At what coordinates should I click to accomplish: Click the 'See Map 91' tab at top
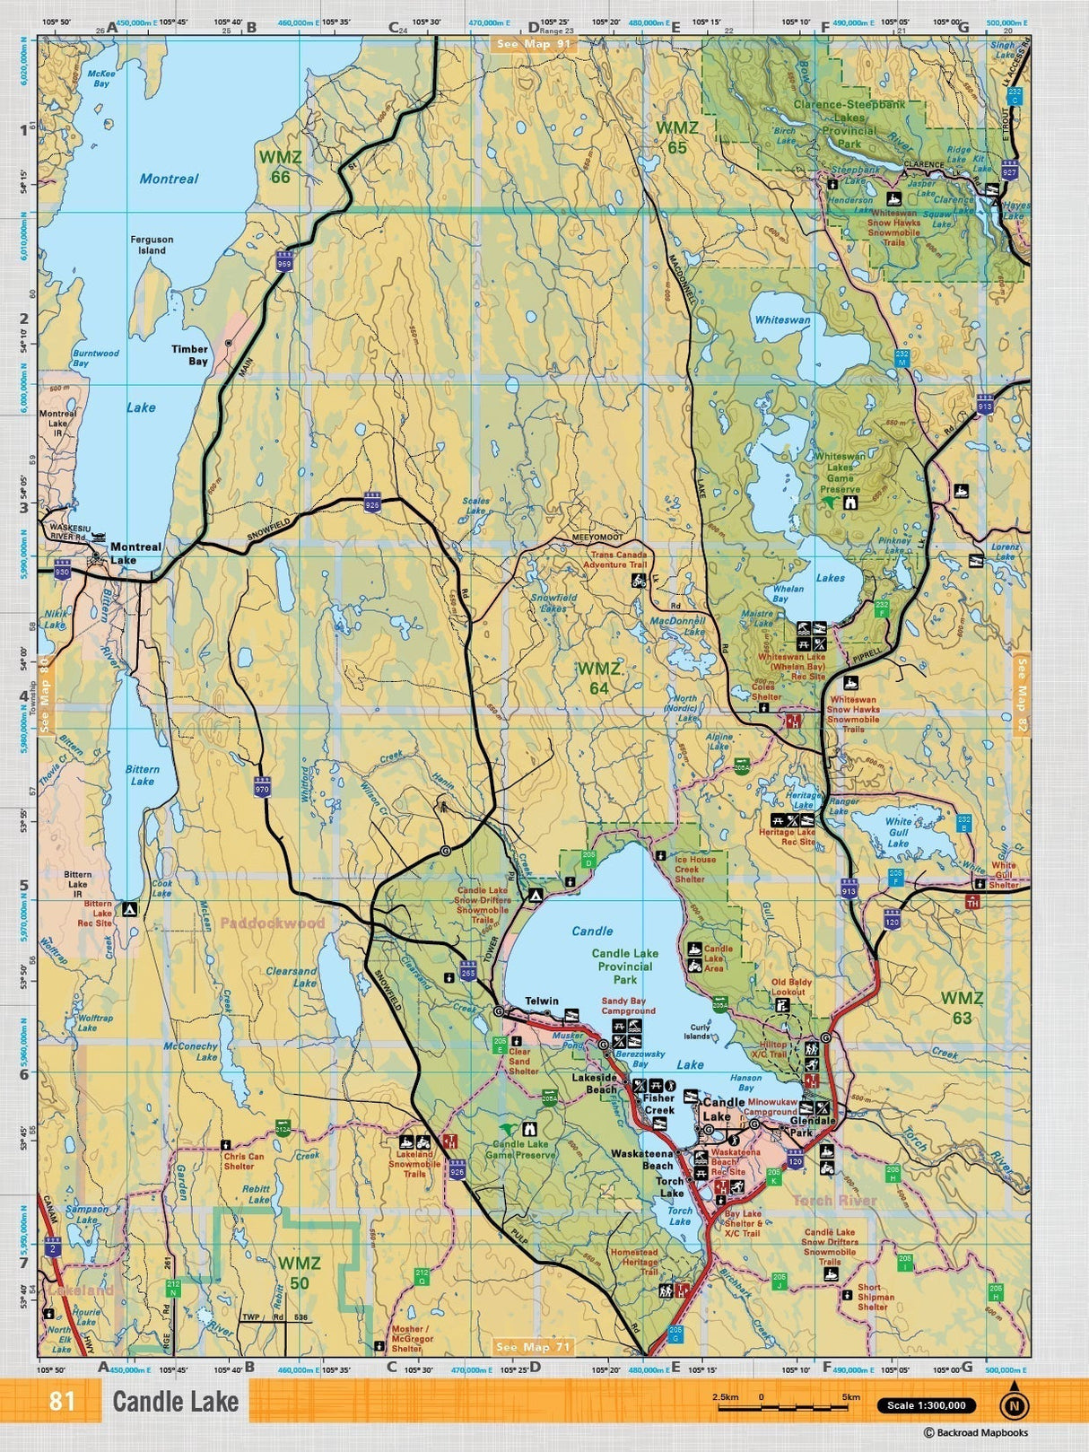[x=533, y=43]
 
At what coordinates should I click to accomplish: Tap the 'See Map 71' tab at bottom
[x=533, y=1346]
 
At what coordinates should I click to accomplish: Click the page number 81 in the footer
[x=62, y=1401]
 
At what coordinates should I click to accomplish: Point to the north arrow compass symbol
[x=1014, y=1404]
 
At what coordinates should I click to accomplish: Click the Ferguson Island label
[x=152, y=245]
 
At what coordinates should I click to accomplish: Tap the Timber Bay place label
[x=190, y=354]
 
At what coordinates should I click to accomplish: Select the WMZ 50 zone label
[x=299, y=1273]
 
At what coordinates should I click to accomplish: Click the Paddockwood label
[x=272, y=923]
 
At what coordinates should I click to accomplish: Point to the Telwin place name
[x=541, y=1001]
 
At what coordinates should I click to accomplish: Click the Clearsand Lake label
[x=292, y=976]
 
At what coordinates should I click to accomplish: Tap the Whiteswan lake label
[x=782, y=319]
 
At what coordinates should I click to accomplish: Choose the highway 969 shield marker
[x=284, y=261]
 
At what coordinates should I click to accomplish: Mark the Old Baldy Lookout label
[x=791, y=987]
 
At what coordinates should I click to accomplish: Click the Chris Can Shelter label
[x=244, y=1161]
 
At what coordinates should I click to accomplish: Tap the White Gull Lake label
[x=898, y=832]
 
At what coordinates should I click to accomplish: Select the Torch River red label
[x=834, y=1200]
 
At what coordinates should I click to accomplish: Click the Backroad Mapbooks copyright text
[x=976, y=1432]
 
